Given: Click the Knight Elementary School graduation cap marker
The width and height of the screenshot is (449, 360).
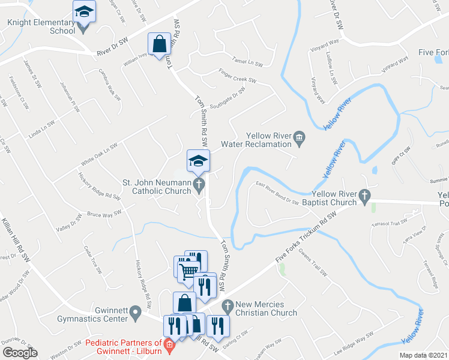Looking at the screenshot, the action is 85,11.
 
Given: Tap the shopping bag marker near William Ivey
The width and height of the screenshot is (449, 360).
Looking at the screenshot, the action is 159,44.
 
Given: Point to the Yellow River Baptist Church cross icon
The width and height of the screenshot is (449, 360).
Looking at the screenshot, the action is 364,196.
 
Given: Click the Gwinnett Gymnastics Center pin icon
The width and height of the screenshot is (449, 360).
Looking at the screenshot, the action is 136,311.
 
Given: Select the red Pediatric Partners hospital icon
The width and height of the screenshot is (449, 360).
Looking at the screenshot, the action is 170,345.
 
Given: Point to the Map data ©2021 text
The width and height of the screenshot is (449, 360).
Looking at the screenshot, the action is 423,355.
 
